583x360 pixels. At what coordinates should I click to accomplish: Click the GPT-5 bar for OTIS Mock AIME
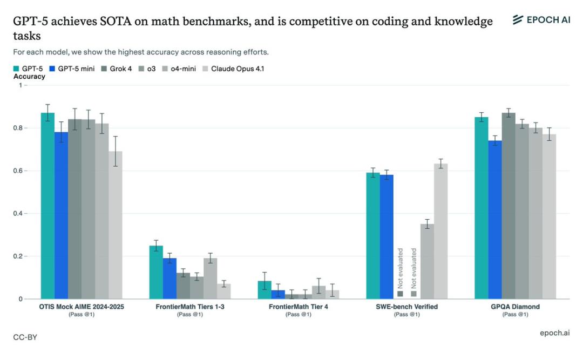coord(48,206)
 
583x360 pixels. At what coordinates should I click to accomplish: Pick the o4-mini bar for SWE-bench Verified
coord(427,261)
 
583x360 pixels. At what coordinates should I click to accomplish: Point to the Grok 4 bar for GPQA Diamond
coord(509,206)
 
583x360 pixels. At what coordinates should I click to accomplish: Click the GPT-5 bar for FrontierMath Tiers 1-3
coord(156,272)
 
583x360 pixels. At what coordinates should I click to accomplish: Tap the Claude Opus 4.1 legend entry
coord(233,69)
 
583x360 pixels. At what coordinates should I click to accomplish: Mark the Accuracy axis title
coord(29,77)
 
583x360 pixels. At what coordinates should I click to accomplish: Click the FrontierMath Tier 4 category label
coord(299,307)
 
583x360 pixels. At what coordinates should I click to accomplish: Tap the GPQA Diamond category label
coord(515,307)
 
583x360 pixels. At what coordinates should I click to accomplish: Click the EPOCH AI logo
coord(540,20)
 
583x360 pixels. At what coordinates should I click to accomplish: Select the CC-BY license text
coord(25,337)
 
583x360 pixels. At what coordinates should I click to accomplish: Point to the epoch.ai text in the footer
coord(554,333)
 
